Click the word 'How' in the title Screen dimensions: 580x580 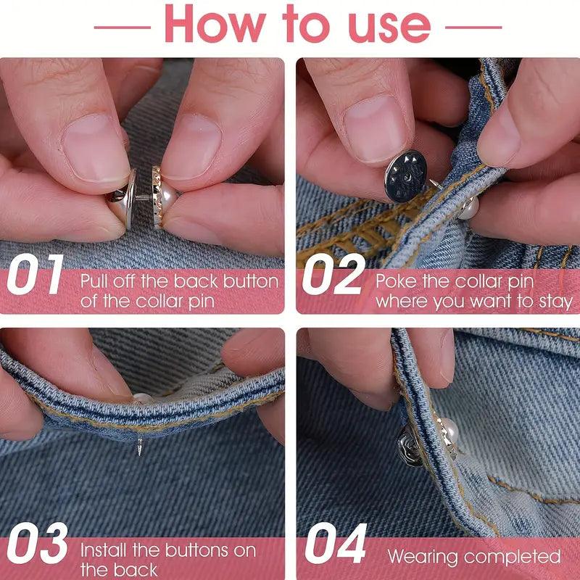click(215, 25)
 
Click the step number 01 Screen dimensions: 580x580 click(36, 274)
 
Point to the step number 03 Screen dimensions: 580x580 click(38, 542)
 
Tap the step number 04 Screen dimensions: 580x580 click(336, 543)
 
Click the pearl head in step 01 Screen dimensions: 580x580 click(167, 196)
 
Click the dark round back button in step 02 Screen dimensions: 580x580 click(406, 176)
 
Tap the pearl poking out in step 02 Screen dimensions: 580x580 click(469, 208)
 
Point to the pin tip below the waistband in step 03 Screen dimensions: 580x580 click(140, 447)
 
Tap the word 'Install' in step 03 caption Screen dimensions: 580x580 click(104, 550)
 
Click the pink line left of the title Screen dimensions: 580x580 click(123, 28)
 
